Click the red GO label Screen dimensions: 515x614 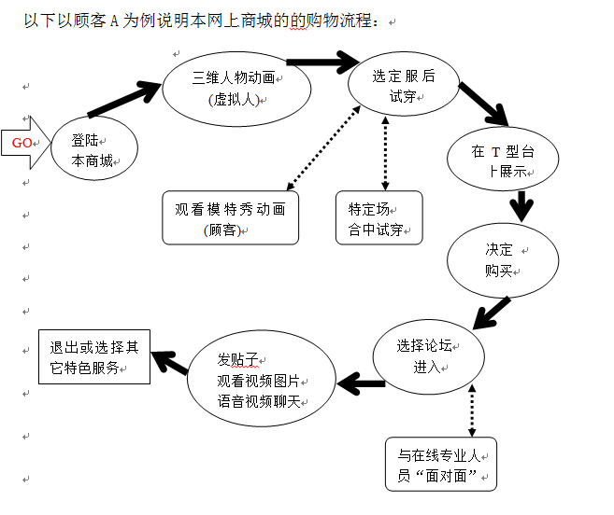pos(21,143)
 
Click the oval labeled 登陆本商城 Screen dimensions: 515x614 pos(93,150)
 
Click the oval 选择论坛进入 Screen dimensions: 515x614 pos(429,355)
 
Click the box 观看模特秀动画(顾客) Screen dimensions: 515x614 pos(230,217)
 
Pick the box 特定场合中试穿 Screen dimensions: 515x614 pos(378,217)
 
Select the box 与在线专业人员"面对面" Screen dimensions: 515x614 pos(441,464)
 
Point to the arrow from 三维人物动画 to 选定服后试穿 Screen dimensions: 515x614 pos(322,63)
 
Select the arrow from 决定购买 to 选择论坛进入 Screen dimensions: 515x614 pos(492,312)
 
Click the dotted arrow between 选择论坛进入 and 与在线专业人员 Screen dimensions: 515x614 pos(471,411)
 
